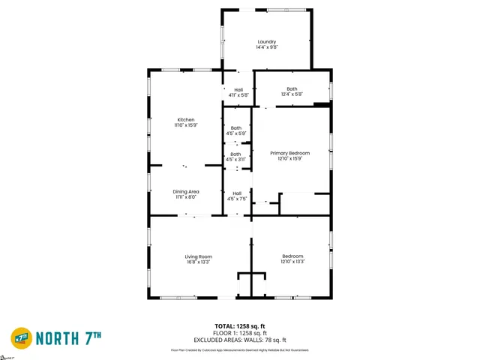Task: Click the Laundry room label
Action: tap(266, 42)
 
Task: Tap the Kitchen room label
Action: tap(186, 120)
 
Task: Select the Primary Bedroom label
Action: tap(289, 153)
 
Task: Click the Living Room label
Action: tap(199, 257)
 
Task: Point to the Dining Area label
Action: tap(186, 192)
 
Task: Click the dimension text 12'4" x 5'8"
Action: tap(292, 94)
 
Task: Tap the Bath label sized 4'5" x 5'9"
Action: tap(236, 127)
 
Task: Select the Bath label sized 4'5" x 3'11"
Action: tap(236, 154)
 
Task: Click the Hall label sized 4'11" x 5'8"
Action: tap(238, 90)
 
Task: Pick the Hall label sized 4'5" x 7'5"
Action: tap(237, 193)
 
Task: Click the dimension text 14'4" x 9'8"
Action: tap(266, 48)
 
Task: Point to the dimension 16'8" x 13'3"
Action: tap(199, 262)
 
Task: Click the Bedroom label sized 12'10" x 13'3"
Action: tap(292, 256)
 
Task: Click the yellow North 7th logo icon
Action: tap(20, 337)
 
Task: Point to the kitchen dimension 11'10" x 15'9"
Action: tap(186, 125)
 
